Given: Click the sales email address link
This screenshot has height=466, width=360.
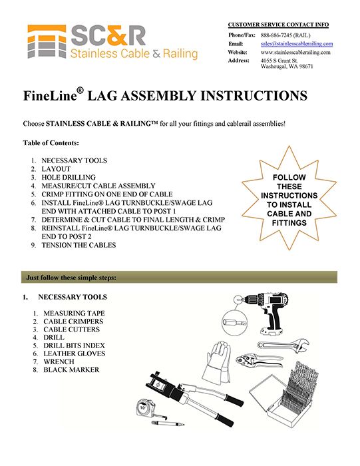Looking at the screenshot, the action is [296, 44].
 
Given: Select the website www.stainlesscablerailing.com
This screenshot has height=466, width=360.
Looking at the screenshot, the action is [295, 53].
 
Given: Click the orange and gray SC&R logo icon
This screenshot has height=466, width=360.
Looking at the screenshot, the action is [47, 41].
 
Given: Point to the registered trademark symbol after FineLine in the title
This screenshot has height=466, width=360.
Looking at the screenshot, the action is [80, 91].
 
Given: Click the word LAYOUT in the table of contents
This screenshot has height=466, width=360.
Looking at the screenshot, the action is [56, 169].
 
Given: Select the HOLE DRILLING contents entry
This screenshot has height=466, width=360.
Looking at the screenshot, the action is [69, 178].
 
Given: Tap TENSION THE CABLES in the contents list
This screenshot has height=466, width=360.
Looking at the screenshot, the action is [79, 245].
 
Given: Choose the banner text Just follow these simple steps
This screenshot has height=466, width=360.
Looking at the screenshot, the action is [71, 278].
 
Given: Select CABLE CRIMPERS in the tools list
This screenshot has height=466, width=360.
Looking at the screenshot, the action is [73, 322].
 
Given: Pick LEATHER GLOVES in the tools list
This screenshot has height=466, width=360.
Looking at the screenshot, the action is [74, 353].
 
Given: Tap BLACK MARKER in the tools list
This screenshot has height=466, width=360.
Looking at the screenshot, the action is [71, 369].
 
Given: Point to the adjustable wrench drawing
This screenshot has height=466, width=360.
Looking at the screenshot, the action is [283, 346].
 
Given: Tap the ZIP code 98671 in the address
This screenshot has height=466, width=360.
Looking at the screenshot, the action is [306, 67].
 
